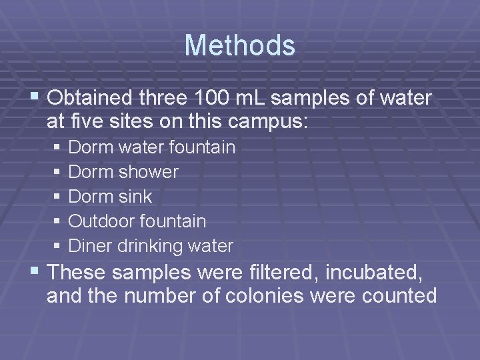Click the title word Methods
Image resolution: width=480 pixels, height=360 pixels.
pos(239,45)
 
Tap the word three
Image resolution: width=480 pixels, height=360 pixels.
pos(166,99)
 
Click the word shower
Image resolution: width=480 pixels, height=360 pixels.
pos(149,172)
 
